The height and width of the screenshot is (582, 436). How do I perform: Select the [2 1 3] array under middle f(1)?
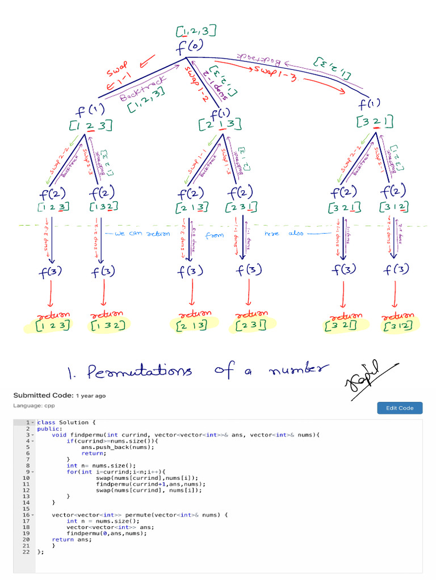click(x=223, y=123)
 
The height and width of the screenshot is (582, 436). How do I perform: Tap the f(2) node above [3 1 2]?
click(x=393, y=192)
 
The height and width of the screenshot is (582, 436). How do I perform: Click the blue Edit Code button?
click(x=400, y=408)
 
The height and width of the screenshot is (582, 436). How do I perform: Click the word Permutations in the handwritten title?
click(x=139, y=373)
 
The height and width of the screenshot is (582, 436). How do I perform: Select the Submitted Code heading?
click(x=43, y=396)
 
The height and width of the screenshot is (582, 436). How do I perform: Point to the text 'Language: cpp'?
click(x=35, y=406)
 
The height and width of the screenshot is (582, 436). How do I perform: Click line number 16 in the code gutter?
click(x=26, y=515)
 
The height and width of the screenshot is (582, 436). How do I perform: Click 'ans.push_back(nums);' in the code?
click(x=118, y=447)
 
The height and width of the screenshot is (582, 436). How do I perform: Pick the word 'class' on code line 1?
click(x=45, y=423)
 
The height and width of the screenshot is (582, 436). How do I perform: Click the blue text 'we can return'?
click(x=139, y=234)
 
